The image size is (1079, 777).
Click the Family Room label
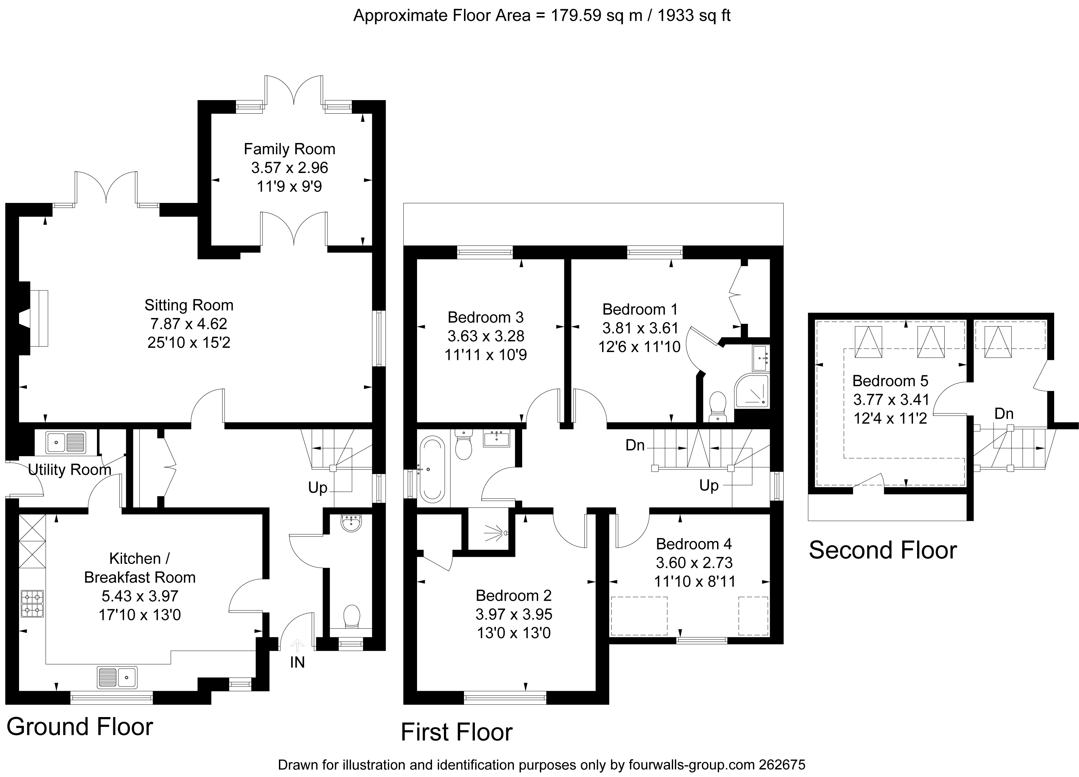point(289,149)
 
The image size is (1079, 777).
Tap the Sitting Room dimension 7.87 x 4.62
point(189,324)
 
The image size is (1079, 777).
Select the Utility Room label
point(69,470)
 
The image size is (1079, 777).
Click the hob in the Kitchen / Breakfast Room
point(32,604)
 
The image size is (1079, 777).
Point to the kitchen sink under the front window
point(117,677)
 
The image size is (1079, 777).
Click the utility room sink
point(66,442)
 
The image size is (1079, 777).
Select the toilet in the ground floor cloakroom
point(352,617)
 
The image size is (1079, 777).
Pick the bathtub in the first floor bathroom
point(432,470)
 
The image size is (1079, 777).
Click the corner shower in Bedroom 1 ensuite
point(752,391)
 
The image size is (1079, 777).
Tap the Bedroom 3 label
point(486,317)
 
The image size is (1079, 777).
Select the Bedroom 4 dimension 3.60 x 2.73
point(694,563)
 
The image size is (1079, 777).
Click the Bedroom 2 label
point(514,595)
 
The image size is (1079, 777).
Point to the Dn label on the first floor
point(635,445)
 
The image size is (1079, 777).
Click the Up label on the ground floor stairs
point(318,488)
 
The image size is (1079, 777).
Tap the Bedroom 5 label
point(890,381)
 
